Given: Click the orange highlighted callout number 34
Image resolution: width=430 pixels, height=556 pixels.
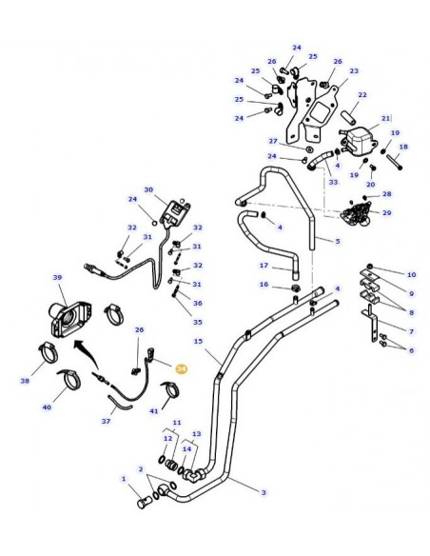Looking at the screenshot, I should [x=182, y=365].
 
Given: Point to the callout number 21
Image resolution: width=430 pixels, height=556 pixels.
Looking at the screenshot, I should [x=386, y=118].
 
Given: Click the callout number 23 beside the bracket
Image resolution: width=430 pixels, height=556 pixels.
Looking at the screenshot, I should [x=354, y=70].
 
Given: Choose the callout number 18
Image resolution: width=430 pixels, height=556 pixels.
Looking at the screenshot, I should [x=402, y=147].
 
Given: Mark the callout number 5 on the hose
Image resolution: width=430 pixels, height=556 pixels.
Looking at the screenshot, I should [x=337, y=241].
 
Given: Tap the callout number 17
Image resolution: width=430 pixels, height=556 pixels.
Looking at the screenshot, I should [x=264, y=266].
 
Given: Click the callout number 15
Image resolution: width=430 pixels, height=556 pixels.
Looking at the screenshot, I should [x=198, y=341].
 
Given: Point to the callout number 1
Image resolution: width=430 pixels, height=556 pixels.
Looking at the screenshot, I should [x=123, y=478].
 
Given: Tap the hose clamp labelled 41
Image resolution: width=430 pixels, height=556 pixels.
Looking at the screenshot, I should [x=172, y=391].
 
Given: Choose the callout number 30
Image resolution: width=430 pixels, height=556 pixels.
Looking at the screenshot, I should [x=147, y=190].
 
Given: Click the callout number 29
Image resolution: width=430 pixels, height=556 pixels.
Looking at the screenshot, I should [x=386, y=212].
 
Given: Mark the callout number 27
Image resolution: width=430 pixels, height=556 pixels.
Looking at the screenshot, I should [x=272, y=140].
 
